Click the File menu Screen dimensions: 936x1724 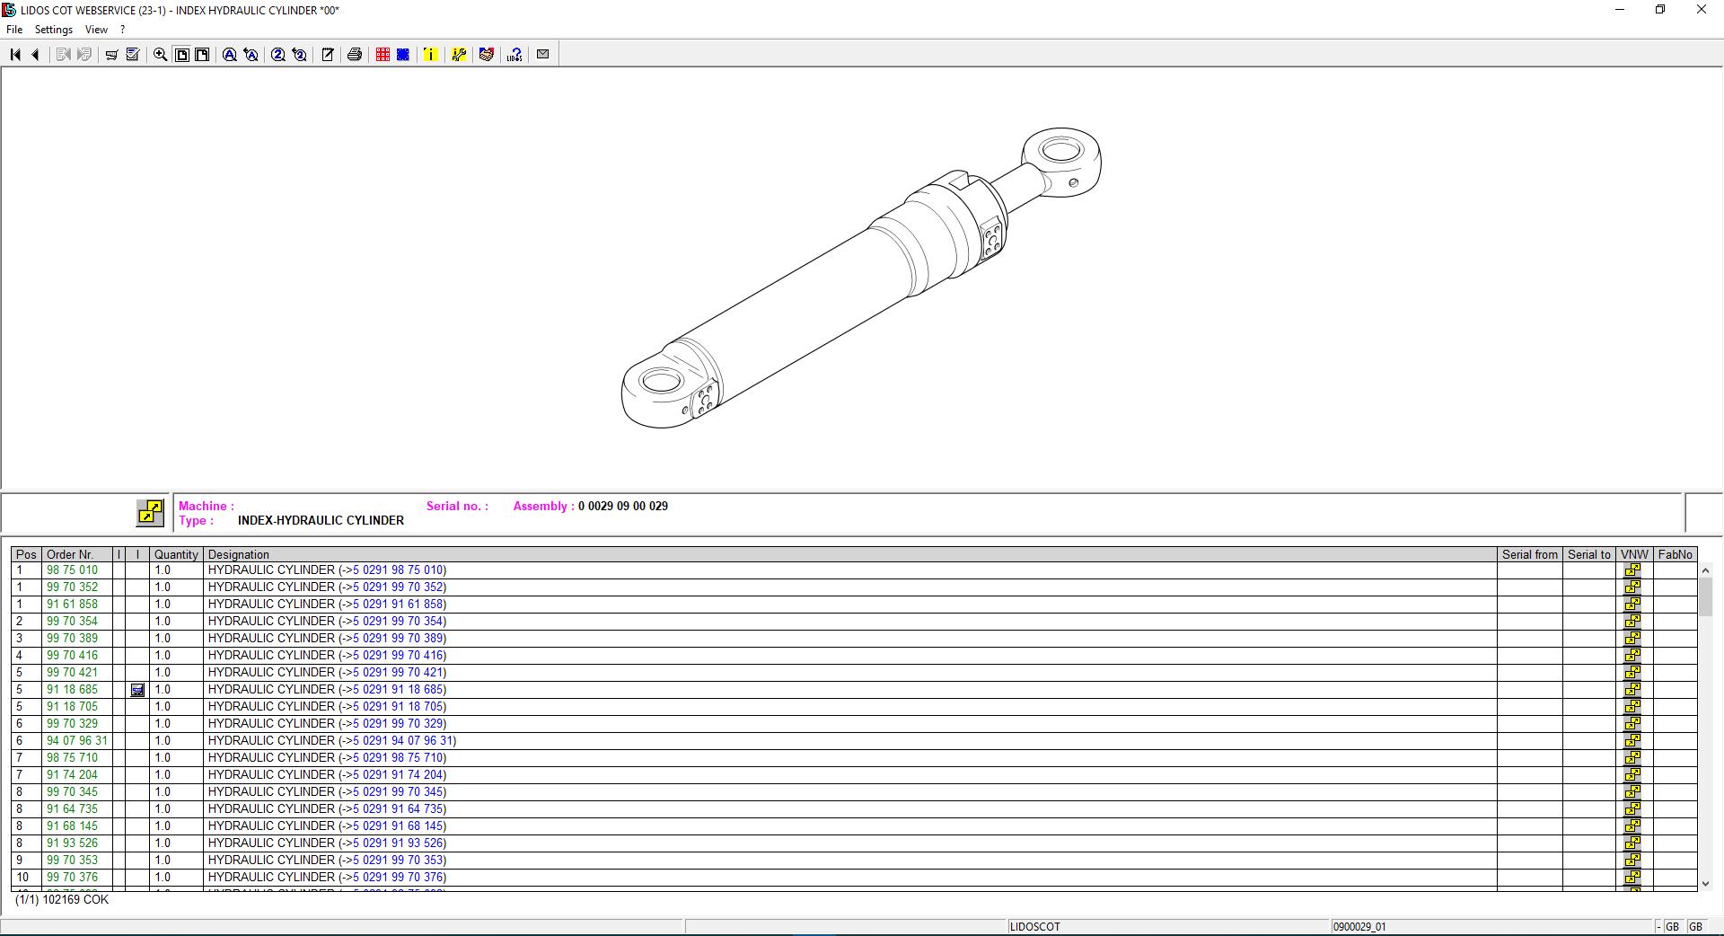tap(14, 30)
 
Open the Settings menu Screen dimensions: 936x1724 tap(53, 30)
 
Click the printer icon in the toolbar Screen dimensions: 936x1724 tap(355, 55)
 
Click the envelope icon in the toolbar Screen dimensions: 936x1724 tap(542, 55)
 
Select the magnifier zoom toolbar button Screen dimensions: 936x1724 tap(160, 55)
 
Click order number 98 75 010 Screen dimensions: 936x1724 tap(72, 570)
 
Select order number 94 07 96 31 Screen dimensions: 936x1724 tap(76, 741)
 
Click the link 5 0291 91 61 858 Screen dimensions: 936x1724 tap(398, 605)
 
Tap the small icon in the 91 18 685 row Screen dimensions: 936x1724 tap(137, 690)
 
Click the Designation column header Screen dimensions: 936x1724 tap(239, 555)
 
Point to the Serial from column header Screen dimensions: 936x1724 tap(1529, 555)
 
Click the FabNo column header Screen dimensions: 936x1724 tap(1675, 555)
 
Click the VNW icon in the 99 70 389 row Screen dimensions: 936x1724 tap(1632, 639)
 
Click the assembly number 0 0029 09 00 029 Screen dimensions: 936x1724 tap(622, 507)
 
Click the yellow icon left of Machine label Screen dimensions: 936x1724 tap(150, 513)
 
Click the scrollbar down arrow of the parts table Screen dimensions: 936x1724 tap(1705, 884)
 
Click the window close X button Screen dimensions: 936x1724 tap(1701, 10)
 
